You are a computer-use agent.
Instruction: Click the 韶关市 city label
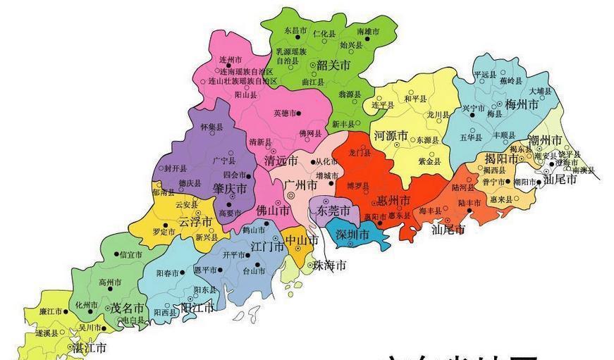pos(333,66)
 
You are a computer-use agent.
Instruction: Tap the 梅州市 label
pos(522,104)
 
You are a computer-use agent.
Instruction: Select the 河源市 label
pos(391,135)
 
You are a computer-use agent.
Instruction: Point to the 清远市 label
pos(281,161)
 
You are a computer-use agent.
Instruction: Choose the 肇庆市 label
pos(230,189)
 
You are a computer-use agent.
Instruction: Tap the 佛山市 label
pos(273,210)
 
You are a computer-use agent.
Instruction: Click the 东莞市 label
pos(333,211)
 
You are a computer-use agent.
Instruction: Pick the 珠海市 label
pos(330,266)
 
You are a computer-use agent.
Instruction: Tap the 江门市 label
pos(268,246)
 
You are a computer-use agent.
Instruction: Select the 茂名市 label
pos(128,308)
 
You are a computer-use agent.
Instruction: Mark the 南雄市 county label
pos(368,32)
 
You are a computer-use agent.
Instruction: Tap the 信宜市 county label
pos(131,254)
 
